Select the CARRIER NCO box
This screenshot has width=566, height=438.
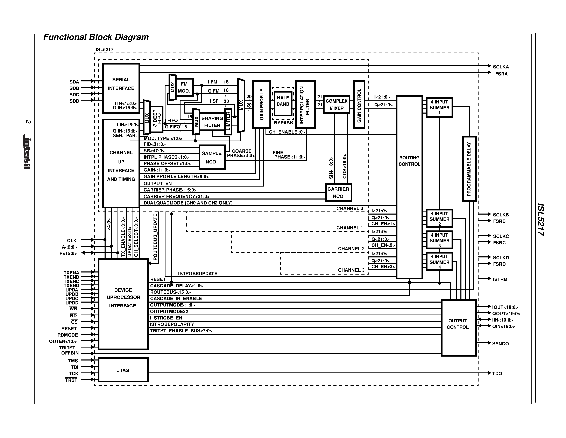[338, 193]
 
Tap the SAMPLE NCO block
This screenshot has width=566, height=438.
[212, 157]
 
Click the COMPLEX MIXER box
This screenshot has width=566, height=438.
[336, 105]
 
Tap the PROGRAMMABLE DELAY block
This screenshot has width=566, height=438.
[469, 169]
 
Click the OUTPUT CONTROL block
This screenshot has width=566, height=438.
[458, 328]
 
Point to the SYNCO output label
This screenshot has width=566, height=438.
[500, 344]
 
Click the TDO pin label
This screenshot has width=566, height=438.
[497, 373]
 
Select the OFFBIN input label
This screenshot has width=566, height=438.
[70, 353]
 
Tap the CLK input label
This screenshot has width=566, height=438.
[72, 241]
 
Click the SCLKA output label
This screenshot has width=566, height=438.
[501, 67]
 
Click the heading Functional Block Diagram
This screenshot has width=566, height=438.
[96, 37]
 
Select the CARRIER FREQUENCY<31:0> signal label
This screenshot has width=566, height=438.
[176, 196]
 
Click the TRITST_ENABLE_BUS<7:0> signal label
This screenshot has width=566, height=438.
[181, 331]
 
